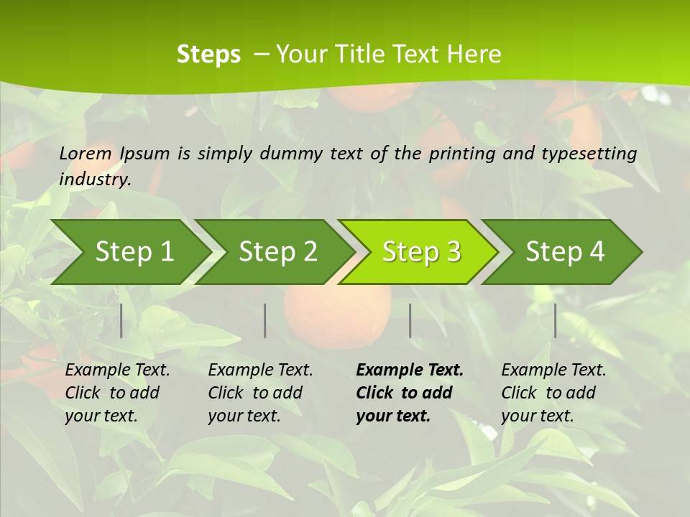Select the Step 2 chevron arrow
(x=277, y=252)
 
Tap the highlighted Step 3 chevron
(x=420, y=252)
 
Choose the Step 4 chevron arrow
(x=564, y=252)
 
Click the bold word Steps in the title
(x=208, y=55)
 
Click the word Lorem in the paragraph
(x=86, y=154)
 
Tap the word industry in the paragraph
(x=95, y=180)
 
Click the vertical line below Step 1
(x=121, y=320)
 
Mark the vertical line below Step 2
(x=265, y=320)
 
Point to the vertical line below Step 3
(x=410, y=320)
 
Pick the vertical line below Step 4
(x=556, y=320)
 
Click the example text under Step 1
(x=117, y=393)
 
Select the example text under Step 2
(x=260, y=393)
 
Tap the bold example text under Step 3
(x=409, y=393)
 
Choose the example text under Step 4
(x=553, y=393)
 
